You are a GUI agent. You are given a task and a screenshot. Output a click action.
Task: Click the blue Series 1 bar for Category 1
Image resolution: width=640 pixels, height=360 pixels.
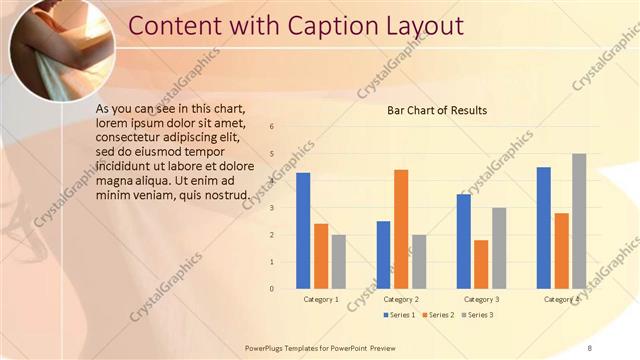click(303, 230)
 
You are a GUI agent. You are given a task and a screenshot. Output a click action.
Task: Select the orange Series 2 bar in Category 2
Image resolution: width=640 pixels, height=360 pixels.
click(401, 228)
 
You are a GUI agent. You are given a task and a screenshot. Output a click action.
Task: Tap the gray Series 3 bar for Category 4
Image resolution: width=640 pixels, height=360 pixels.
click(579, 220)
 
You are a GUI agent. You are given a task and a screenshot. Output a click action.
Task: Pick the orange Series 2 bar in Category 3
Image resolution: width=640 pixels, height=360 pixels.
click(481, 263)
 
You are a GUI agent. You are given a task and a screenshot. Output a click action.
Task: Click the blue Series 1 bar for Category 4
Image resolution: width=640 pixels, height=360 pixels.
click(544, 227)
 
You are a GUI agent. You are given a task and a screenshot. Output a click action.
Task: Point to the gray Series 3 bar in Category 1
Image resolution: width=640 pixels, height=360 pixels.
click(339, 261)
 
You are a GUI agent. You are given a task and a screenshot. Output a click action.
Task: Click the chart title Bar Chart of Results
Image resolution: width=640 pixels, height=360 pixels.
click(437, 111)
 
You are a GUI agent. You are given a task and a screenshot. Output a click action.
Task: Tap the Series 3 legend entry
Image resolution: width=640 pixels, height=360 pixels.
click(477, 316)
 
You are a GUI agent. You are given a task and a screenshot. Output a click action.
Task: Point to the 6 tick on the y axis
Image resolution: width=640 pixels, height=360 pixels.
click(272, 127)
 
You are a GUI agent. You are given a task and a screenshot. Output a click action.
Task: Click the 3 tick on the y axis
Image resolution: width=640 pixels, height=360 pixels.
click(272, 208)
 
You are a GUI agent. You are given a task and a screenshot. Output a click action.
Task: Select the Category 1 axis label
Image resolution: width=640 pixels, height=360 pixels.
click(321, 299)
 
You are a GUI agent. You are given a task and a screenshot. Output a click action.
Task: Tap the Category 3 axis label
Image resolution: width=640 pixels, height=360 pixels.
click(481, 299)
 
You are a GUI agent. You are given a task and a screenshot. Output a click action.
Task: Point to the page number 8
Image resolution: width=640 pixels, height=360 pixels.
click(590, 346)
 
